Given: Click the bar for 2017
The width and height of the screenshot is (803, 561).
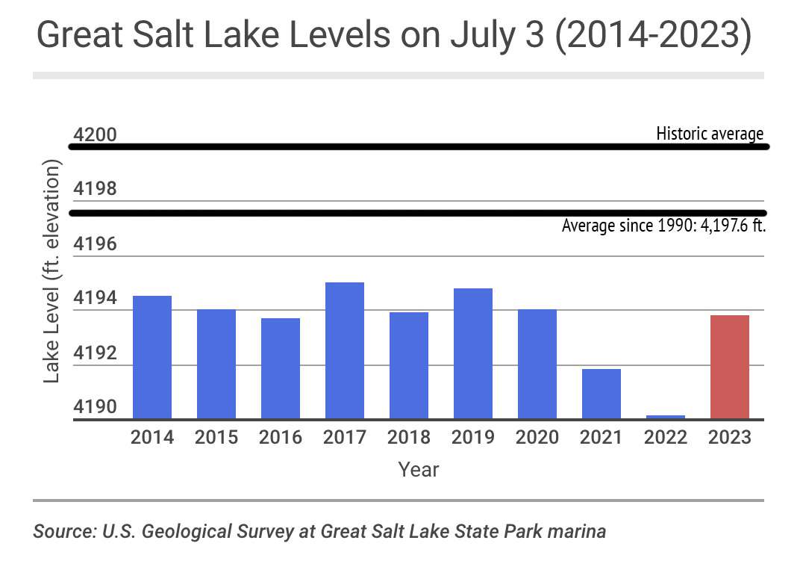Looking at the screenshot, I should pos(345,350).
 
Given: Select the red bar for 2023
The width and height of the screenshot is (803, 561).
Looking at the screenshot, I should pos(730,367).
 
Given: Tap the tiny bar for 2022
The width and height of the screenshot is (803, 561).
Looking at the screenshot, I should pos(666,417).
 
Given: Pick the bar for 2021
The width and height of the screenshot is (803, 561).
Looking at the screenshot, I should pos(602,394).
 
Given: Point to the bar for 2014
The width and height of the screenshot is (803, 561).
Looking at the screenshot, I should pos(152,357).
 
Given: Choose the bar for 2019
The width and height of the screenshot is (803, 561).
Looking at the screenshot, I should pos(473,353).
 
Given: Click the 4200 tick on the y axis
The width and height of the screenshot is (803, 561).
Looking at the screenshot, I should pos(96,135).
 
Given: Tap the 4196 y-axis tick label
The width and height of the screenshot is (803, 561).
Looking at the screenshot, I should pos(96,245).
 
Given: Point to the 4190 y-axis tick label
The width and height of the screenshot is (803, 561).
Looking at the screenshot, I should pos(96,408).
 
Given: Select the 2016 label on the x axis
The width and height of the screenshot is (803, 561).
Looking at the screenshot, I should pos(281,437).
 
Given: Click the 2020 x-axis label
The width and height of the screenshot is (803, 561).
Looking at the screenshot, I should pos(537,437).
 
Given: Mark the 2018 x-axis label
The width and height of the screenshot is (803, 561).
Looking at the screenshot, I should pos(409,437).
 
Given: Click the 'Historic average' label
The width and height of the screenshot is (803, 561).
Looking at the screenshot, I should pos(710,134).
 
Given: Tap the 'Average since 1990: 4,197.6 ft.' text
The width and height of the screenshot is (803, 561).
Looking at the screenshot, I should pos(664,225).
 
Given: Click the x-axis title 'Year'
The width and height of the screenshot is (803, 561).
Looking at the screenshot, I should pos(419,470).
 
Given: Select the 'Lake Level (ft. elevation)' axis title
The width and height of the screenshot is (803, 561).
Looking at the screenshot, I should pos(51,271).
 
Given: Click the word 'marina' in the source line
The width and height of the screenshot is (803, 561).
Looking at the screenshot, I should pos(581,532).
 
